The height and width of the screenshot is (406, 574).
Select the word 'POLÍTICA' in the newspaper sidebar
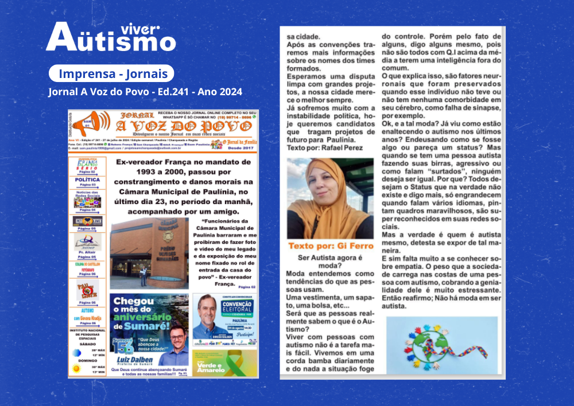click(87, 179)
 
